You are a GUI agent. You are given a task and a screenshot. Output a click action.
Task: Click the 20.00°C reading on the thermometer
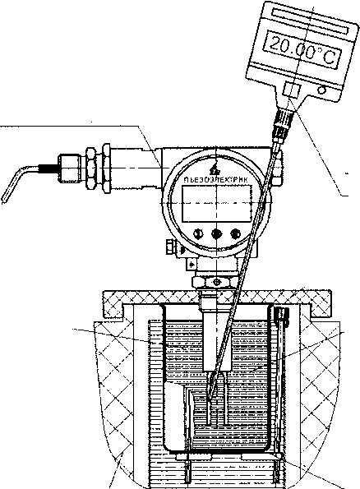[x=303, y=52]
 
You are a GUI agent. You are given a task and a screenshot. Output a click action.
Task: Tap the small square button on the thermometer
[x=291, y=90]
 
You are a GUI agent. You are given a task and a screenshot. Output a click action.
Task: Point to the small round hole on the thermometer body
[x=321, y=90]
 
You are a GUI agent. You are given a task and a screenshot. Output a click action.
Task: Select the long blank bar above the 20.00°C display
[x=311, y=21]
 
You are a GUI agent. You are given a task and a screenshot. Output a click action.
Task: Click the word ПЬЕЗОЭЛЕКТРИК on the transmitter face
[x=216, y=180]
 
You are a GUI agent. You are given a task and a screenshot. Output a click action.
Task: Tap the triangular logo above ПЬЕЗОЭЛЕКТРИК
[x=215, y=169]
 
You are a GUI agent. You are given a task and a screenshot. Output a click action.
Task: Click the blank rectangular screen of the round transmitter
[x=216, y=203]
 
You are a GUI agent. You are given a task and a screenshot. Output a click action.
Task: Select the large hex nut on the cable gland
[x=92, y=168]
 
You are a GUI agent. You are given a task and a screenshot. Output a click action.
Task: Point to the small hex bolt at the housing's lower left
[x=169, y=247]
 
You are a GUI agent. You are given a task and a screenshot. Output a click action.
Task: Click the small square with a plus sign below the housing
[x=192, y=265]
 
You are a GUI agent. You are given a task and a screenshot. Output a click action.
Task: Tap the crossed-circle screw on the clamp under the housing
[x=216, y=282]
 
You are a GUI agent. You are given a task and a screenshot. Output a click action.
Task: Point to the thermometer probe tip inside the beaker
[x=210, y=397]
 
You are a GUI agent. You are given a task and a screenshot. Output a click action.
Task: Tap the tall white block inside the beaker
[x=175, y=417]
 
